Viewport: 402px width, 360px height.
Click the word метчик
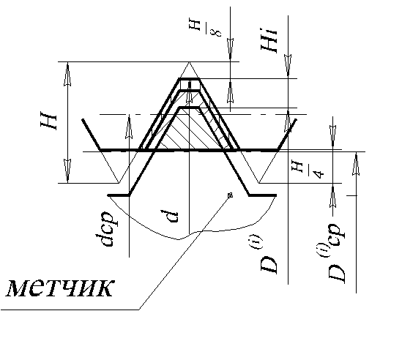point(59,288)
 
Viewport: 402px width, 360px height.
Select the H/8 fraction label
point(205,28)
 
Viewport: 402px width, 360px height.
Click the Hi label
point(269,40)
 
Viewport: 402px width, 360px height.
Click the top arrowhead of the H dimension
point(67,75)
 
